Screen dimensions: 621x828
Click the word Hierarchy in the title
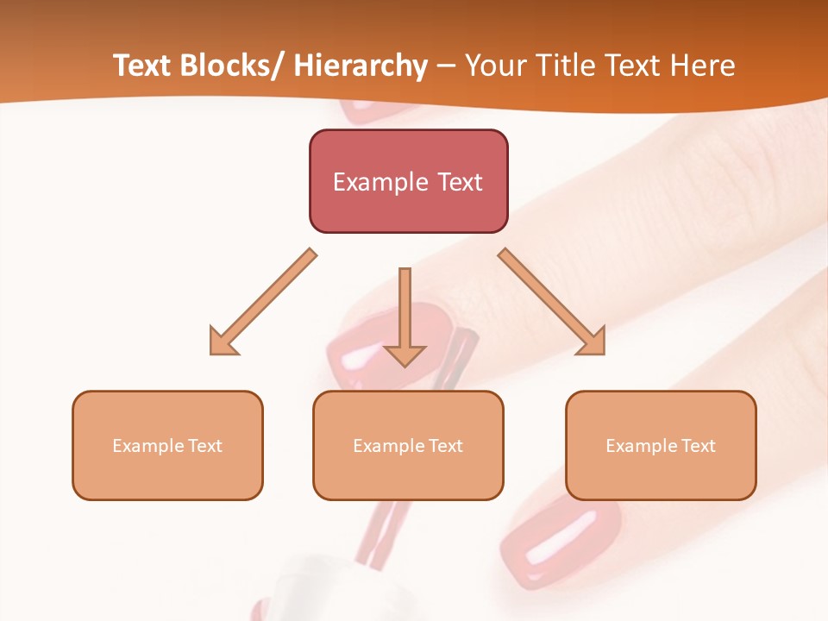(x=361, y=66)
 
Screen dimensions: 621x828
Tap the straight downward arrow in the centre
(x=405, y=310)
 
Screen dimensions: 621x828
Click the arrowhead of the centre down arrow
(x=405, y=354)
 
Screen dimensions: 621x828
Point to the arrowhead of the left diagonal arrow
(x=223, y=341)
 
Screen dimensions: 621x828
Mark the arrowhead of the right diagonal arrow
(x=592, y=341)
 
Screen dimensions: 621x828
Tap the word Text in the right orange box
(x=698, y=446)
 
